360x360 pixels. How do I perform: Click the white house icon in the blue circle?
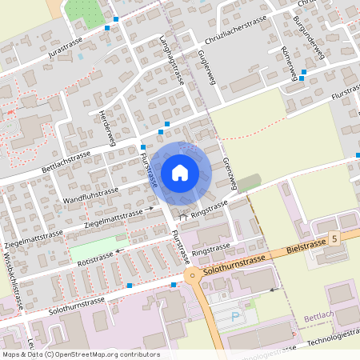180,172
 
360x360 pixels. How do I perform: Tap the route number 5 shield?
334,238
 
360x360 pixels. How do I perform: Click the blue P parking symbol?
234,316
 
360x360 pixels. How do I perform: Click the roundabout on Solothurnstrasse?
194,278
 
